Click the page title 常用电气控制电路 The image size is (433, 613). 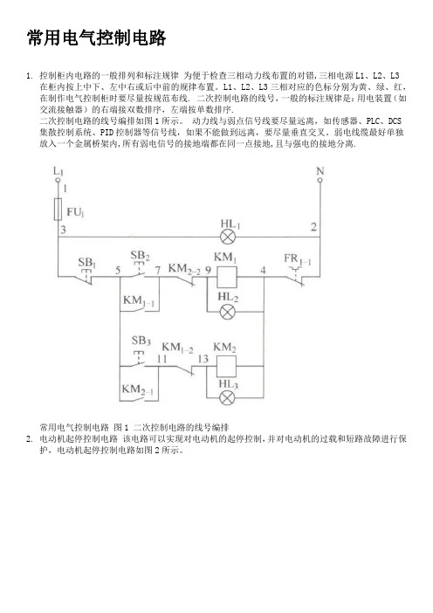click(x=97, y=38)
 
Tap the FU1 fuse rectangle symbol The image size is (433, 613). click(x=58, y=209)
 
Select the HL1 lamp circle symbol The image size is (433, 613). click(x=227, y=237)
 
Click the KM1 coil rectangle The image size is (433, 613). click(x=227, y=277)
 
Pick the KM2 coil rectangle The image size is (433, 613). click(x=226, y=366)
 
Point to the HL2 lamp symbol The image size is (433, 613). click(x=227, y=312)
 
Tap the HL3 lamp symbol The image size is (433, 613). click(x=227, y=398)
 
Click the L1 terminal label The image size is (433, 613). click(x=58, y=171)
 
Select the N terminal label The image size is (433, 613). click(x=320, y=171)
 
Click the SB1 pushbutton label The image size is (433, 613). click(x=86, y=262)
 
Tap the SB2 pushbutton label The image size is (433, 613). click(x=140, y=255)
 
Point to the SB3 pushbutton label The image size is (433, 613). click(x=141, y=341)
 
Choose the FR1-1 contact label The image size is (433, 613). click(x=298, y=258)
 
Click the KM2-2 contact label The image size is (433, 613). click(x=184, y=269)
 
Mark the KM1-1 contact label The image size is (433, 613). click(x=138, y=300)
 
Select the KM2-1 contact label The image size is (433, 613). click(x=138, y=389)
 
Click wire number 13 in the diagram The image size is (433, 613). click(x=203, y=359)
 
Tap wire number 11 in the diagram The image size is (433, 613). click(x=162, y=359)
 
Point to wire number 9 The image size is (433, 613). click(x=209, y=270)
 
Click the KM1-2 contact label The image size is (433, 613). click(x=177, y=348)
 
